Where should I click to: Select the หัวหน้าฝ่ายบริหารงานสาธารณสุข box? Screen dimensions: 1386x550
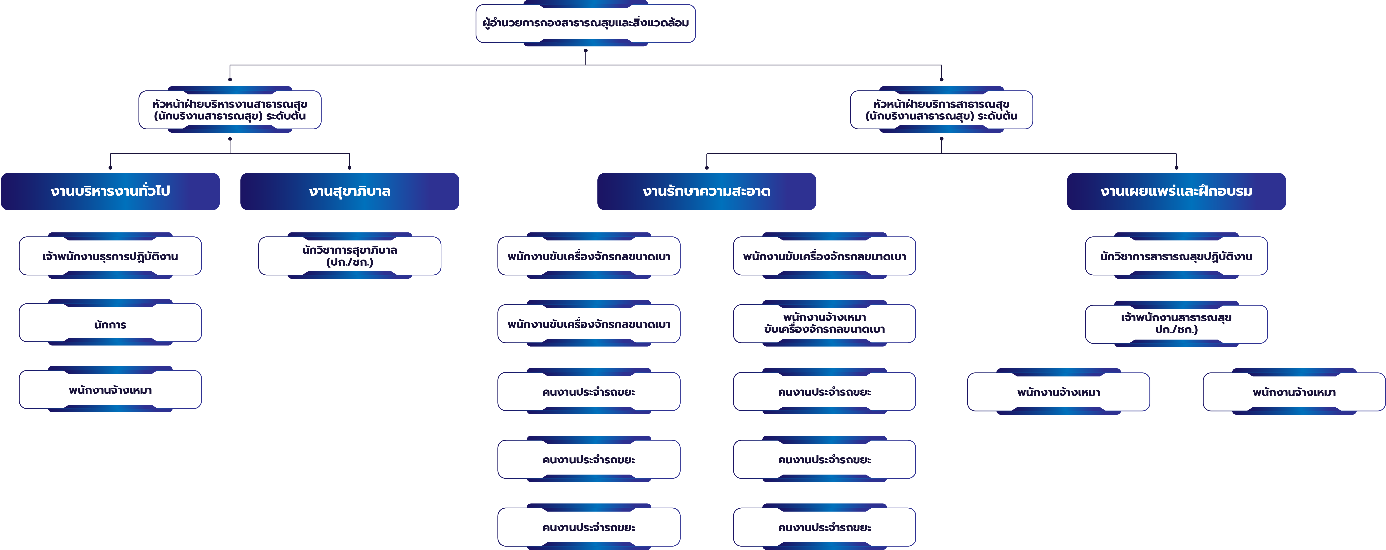[230, 110]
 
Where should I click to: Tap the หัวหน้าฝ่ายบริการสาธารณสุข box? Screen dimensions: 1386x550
[941, 110]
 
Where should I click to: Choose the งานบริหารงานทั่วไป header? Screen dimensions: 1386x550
[110, 191]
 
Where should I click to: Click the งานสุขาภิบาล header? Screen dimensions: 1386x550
[350, 191]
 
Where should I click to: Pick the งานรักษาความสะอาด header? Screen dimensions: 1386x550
[706, 191]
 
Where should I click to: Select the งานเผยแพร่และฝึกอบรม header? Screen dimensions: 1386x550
[1176, 191]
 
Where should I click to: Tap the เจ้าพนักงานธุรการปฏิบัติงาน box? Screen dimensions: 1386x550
[110, 256]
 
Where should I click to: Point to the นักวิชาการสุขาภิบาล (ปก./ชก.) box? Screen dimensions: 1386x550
[350, 256]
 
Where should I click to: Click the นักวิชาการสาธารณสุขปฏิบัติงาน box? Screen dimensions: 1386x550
[1176, 256]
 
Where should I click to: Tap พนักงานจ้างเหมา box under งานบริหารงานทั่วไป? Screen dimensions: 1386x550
[110, 390]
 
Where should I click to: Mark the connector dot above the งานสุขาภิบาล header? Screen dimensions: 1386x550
[350, 168]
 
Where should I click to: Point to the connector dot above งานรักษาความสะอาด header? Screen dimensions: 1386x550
[706, 168]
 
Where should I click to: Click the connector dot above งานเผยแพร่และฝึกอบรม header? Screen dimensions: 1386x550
[1176, 168]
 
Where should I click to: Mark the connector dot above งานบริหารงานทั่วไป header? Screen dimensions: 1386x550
[110, 168]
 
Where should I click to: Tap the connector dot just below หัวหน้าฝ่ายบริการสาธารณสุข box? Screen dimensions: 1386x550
[941, 139]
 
